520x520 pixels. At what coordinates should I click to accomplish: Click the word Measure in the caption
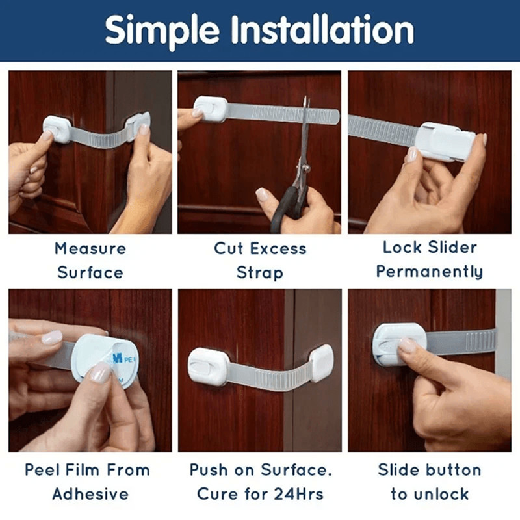point(90,248)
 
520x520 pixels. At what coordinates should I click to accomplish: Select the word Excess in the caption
point(279,248)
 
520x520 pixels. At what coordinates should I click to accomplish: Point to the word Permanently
point(429,272)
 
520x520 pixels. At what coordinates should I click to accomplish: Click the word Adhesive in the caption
point(90,494)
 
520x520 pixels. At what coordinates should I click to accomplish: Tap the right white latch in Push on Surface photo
point(321,363)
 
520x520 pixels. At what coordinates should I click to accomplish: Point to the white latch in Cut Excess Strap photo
point(209,109)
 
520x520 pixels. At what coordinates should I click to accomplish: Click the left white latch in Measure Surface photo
point(57,128)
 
